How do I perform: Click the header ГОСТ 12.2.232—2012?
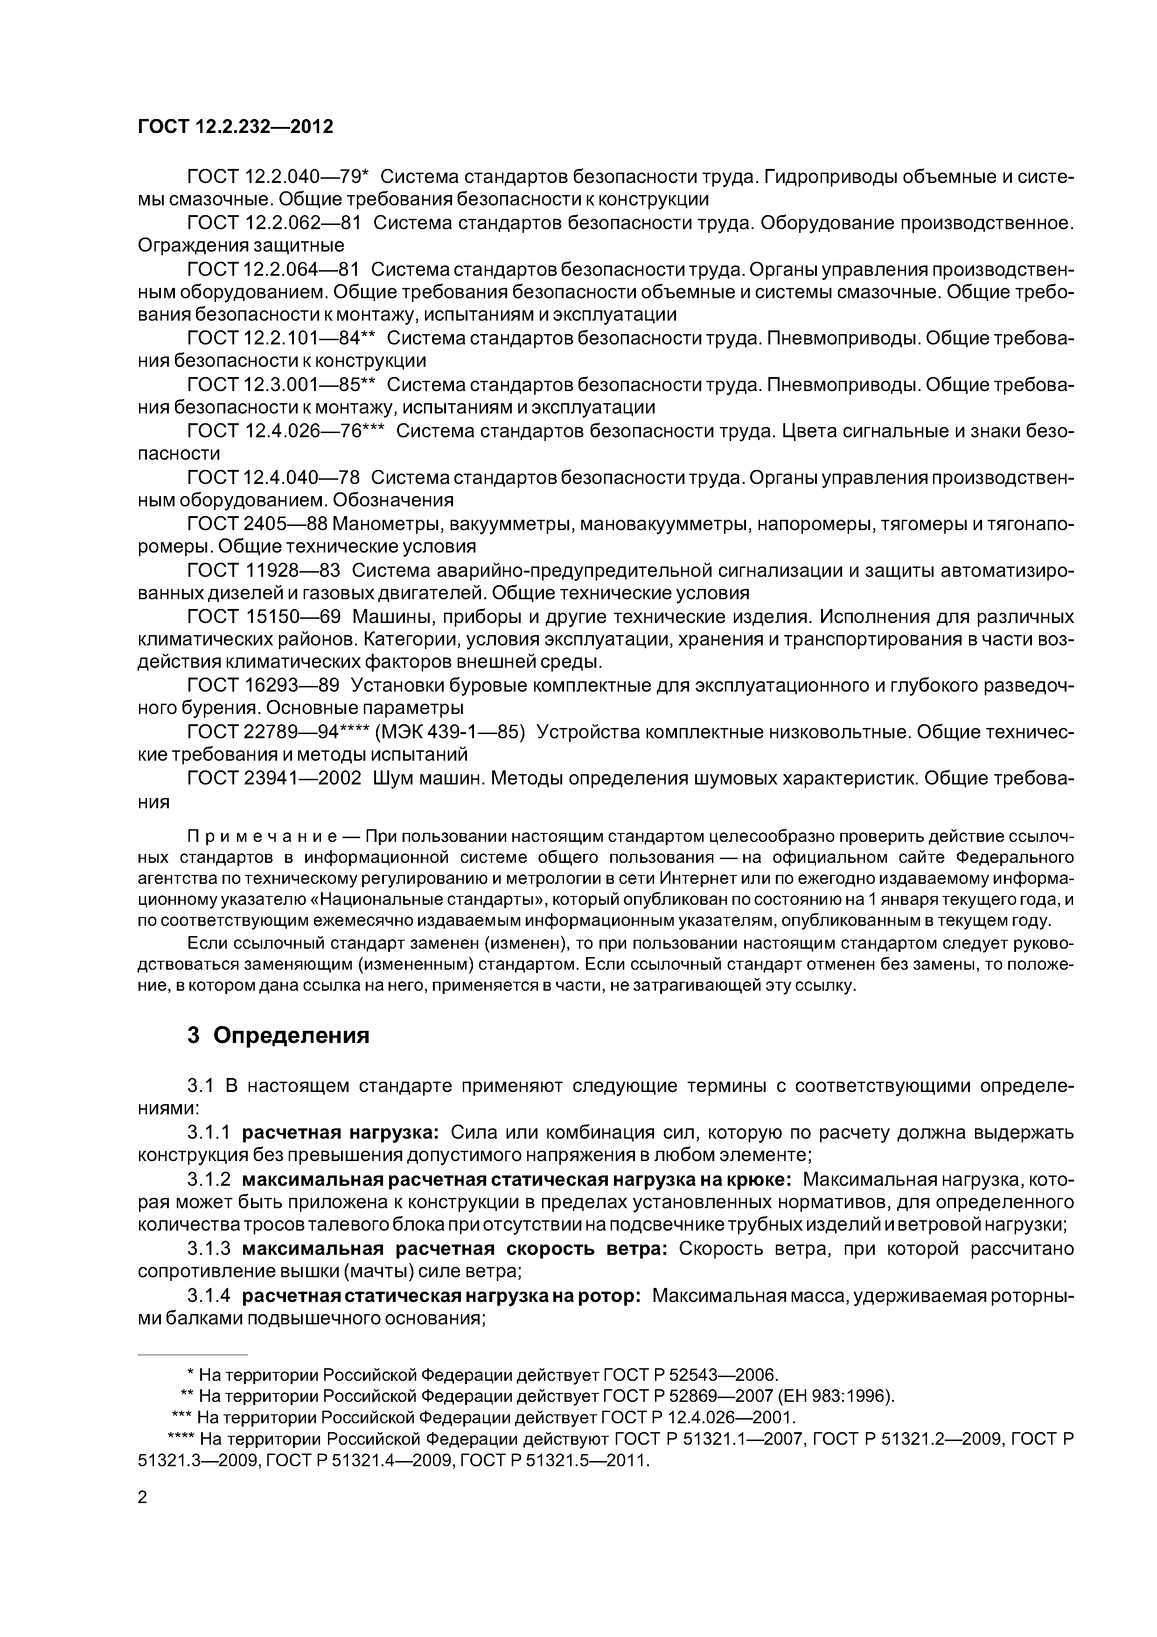[x=235, y=127]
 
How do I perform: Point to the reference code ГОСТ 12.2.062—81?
[x=274, y=223]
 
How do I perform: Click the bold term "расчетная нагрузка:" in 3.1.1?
[x=341, y=1132]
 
